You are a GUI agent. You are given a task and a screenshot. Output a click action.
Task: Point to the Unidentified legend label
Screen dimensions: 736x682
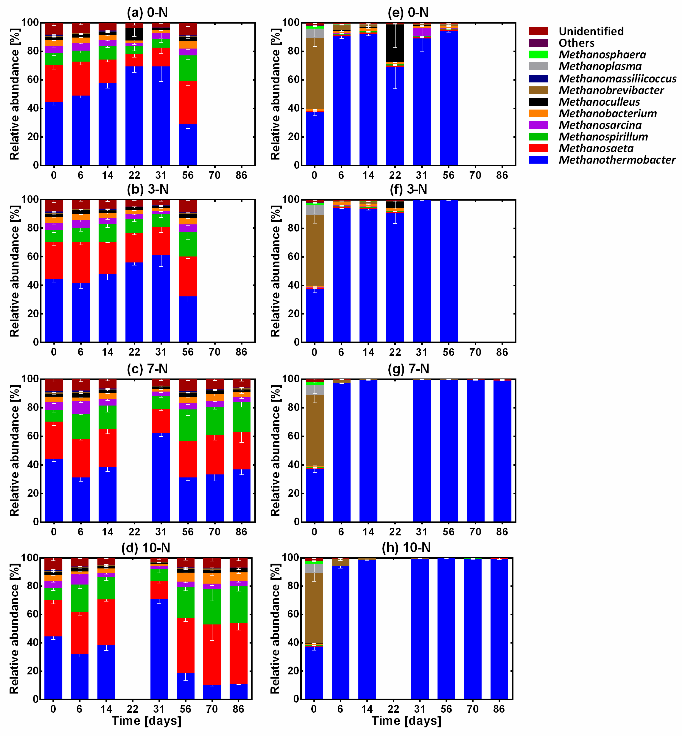[x=591, y=31]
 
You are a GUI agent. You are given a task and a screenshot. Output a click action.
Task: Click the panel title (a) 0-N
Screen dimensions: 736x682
[x=147, y=13]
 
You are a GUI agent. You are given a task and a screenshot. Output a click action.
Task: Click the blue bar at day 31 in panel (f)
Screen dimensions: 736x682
[x=422, y=271]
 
